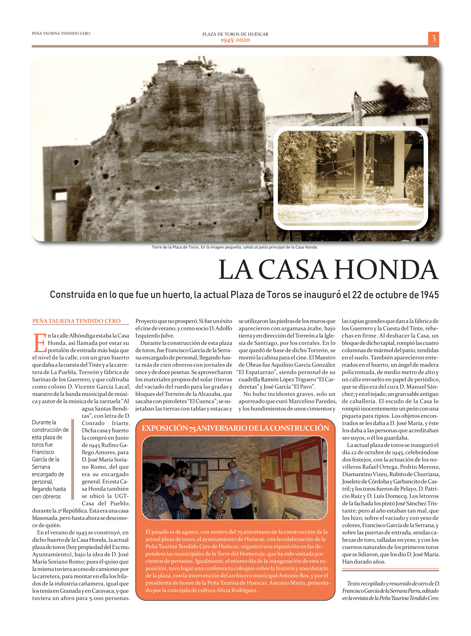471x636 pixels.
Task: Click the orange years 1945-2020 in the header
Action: tap(235, 40)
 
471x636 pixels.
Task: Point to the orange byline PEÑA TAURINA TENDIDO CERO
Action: tap(76, 321)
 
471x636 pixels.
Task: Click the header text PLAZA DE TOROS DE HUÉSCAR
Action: tap(235, 34)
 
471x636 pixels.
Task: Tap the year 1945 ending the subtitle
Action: tap(430, 295)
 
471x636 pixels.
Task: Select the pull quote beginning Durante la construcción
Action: tap(50, 459)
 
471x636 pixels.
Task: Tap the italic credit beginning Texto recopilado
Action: tap(390, 591)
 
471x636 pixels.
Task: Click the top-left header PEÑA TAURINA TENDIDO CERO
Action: tap(61, 34)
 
